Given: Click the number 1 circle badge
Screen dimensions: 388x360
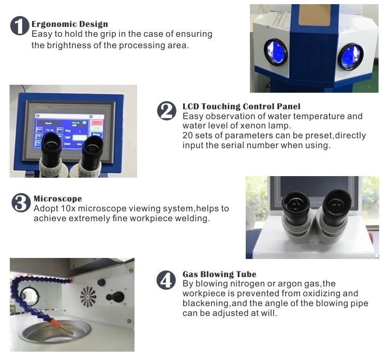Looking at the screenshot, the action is tap(20, 26).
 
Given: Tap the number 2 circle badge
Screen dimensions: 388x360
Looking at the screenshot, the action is tap(167, 111).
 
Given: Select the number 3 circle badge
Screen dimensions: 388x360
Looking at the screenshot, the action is tap(21, 203).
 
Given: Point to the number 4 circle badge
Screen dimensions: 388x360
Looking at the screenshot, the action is tap(166, 280).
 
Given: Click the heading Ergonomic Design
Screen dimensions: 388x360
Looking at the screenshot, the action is tap(70, 24).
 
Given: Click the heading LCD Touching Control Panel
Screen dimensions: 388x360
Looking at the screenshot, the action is tap(241, 106).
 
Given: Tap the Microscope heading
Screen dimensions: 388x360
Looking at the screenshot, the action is tap(57, 199).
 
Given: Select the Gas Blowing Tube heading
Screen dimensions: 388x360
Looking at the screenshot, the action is tap(219, 275).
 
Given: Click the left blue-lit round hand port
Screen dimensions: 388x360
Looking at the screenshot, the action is tap(276, 52).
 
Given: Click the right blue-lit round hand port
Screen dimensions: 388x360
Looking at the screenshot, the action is tap(350, 56).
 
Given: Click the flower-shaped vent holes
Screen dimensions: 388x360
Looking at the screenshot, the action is tap(88, 297).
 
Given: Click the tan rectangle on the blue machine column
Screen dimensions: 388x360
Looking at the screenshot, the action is tap(314, 15).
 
